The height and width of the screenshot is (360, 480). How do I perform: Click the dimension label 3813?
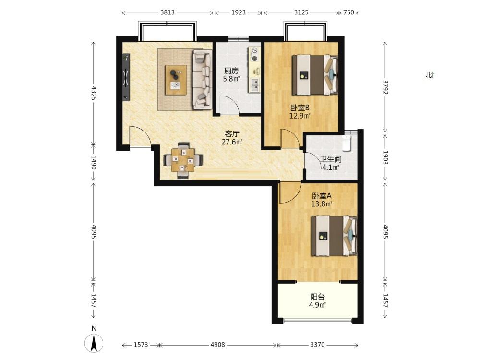pos(168,12)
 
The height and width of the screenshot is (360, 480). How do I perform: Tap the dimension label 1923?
pos(239,12)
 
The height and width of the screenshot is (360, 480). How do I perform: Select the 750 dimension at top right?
pos(348,12)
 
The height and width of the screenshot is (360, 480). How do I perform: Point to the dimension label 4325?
pos(94,94)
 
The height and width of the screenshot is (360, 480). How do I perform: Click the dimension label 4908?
pos(217,345)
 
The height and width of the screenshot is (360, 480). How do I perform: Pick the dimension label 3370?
pos(317,345)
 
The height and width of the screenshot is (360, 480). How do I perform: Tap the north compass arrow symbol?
pos(94,343)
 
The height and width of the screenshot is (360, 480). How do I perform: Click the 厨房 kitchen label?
pos(231,71)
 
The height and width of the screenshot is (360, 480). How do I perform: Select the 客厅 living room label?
pos(232,134)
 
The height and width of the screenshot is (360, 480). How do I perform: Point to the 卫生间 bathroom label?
pos(331,159)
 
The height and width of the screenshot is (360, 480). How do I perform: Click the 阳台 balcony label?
pos(317,297)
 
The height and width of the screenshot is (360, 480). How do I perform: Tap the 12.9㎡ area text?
pos(300,116)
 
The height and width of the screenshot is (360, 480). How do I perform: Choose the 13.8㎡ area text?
pos(322,204)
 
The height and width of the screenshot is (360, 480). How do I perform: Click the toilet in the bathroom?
pos(347,144)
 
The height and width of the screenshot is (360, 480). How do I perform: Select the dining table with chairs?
pos(183,160)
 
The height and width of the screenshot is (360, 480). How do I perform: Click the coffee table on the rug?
pos(176,80)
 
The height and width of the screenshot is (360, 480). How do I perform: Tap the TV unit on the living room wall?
pos(126,77)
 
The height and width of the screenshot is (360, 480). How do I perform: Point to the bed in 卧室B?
pos(315,75)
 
